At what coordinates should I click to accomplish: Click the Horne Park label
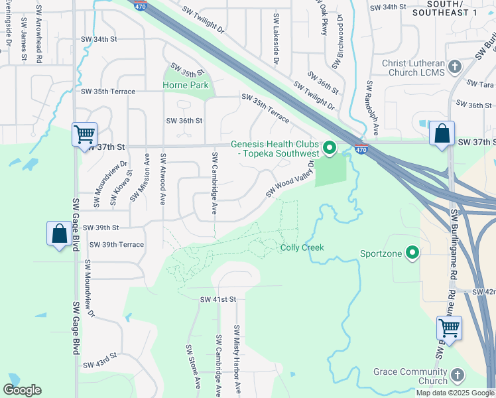coord(186,85)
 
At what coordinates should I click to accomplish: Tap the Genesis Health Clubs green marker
coord(330,147)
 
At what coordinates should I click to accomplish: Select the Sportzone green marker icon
coord(412,253)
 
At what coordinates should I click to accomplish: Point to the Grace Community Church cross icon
coord(456,376)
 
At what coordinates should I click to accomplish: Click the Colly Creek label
coord(302,247)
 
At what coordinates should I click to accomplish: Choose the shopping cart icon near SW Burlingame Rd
coord(450,327)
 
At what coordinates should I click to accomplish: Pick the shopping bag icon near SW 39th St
coord(59,233)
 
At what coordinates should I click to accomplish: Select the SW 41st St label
coord(218,300)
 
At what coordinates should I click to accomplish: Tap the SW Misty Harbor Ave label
coord(237,359)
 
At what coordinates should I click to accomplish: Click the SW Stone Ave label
coord(193,366)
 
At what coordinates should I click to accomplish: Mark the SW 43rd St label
coord(99,364)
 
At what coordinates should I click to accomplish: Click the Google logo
coord(22,390)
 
